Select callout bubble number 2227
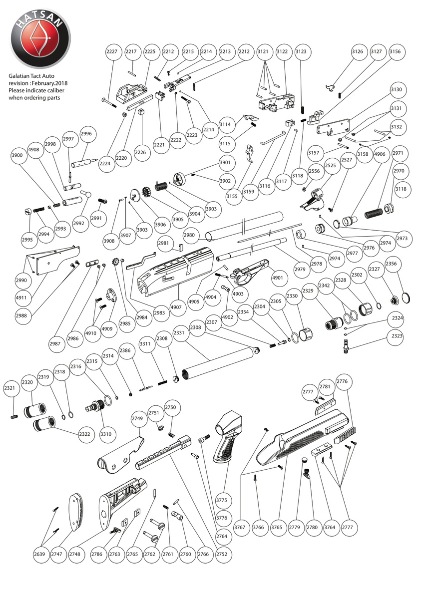(113, 51)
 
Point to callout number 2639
(40, 554)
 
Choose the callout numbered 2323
(397, 336)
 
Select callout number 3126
(357, 51)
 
